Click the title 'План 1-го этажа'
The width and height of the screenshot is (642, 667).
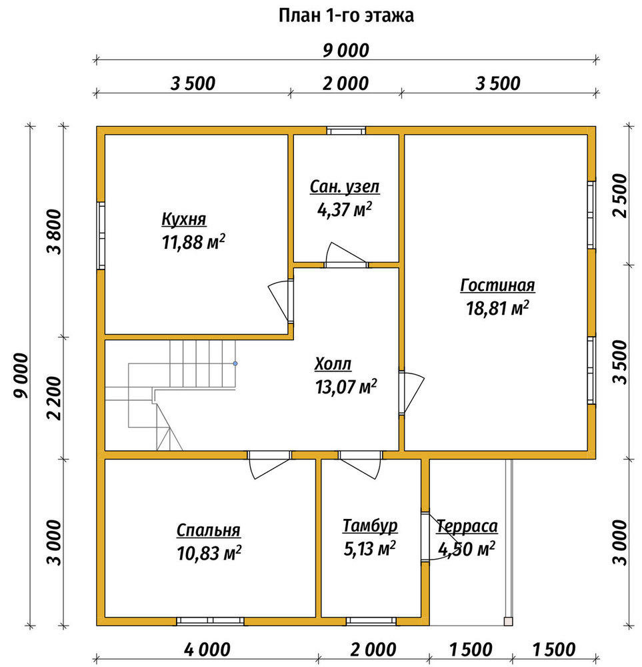[x=346, y=16]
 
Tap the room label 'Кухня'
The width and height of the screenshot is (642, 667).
[x=184, y=219]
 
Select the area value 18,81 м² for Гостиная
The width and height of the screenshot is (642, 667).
[x=497, y=308]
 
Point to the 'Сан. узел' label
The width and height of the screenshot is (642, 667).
[x=345, y=187]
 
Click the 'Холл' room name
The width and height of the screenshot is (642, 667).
[x=333, y=364]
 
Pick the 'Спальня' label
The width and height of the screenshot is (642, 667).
[x=208, y=530]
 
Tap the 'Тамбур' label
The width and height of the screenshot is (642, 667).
[x=370, y=526]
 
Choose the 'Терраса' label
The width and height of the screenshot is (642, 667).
[x=467, y=527]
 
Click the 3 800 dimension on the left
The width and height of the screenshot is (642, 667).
[x=55, y=232]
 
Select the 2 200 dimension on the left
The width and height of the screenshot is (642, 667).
[x=55, y=398]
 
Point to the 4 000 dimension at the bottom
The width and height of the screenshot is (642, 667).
[x=207, y=650]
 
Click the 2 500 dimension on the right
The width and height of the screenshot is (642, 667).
[x=620, y=195]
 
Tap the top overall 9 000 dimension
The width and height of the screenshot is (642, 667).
[x=346, y=51]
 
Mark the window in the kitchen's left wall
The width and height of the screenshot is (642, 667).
[x=101, y=235]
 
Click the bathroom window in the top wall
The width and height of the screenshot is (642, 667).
[x=346, y=131]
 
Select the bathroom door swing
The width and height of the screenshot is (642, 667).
[x=345, y=255]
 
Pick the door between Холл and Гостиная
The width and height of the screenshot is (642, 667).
[x=411, y=393]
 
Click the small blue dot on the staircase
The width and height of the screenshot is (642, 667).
[x=235, y=364]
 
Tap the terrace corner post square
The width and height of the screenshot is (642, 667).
[x=508, y=622]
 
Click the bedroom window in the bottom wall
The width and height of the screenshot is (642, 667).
[x=211, y=622]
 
